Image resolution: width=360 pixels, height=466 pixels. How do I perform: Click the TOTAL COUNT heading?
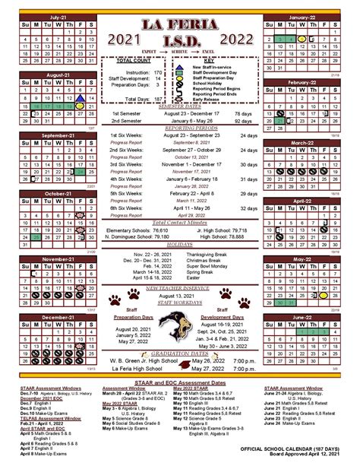coord(132,59)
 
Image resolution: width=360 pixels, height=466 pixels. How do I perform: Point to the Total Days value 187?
coord(158,100)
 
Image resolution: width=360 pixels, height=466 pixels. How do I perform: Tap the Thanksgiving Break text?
coord(216,255)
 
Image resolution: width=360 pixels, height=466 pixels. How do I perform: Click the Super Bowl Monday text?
coord(216,267)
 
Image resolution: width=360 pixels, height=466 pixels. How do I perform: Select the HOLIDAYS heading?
coord(179,246)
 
